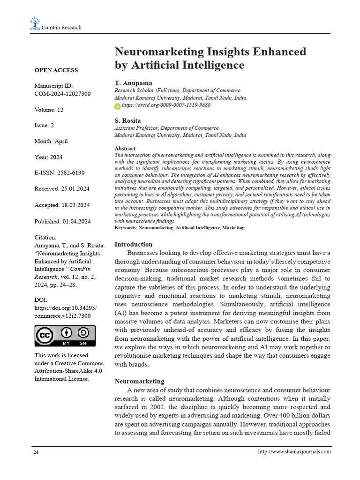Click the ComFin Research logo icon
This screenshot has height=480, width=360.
pos(35,23)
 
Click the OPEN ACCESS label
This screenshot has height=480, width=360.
pos(56,70)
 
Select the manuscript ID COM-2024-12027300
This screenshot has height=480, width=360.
pos(62,94)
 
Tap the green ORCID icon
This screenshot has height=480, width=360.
pos(118,106)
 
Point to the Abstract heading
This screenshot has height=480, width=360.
pos(125,148)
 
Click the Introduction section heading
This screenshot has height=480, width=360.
pos(134,244)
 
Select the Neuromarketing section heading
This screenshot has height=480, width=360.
pos(139,381)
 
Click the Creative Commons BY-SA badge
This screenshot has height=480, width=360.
pos(65,336)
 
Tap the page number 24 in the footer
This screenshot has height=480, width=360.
pos(36,452)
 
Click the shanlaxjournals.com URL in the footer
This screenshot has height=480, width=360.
pos(294,452)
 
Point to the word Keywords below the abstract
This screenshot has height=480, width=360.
pos(126,227)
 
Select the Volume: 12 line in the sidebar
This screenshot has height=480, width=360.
pos(49,110)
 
